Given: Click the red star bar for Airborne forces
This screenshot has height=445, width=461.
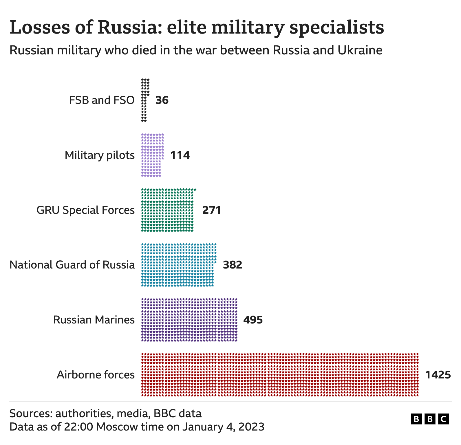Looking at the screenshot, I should click(280, 374).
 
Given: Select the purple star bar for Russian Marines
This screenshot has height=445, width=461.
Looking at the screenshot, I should click(189, 319).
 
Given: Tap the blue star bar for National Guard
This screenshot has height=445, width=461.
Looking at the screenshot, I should click(178, 265).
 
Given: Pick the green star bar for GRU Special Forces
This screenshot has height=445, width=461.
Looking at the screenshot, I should click(167, 210).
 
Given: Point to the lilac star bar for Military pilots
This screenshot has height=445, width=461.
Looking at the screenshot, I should click(151, 155).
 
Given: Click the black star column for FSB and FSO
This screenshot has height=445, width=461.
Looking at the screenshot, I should click(144, 100).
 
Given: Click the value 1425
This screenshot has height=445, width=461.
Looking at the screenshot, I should click(438, 375).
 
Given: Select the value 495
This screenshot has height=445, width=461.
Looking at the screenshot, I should click(253, 320).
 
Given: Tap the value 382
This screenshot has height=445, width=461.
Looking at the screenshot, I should click(232, 265).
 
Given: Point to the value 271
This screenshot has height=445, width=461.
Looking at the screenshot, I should click(212, 210).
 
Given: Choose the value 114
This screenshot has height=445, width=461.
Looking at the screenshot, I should click(180, 155).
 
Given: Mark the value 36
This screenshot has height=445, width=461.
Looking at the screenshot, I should click(162, 100).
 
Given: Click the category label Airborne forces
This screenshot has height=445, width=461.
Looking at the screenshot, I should click(96, 375).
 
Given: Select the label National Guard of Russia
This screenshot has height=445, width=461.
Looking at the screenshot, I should click(72, 265).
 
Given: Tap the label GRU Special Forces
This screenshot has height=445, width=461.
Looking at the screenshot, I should click(85, 210).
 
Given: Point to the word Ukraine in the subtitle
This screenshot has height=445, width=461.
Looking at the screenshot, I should click(360, 50).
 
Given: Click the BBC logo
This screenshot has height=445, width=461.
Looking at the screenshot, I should click(430, 419).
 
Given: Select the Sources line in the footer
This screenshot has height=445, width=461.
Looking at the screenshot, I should click(105, 413).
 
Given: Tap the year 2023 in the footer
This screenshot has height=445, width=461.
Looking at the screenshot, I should click(251, 427).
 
